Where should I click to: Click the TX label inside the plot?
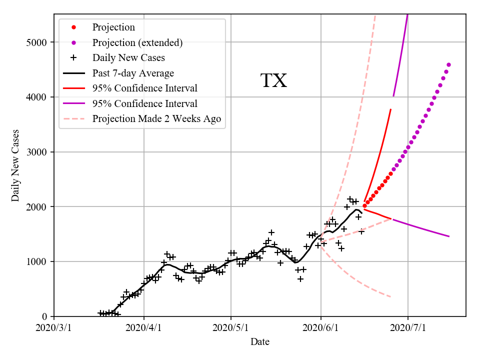coord(273,81)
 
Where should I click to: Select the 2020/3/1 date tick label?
coord(54,328)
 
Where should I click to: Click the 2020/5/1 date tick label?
coord(230,328)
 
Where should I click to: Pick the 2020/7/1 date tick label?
coord(408,328)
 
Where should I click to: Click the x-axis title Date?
coord(260,342)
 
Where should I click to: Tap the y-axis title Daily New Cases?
coord(15,165)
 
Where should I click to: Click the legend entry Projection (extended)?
coord(137,42)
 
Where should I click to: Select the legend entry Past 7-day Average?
coord(133,73)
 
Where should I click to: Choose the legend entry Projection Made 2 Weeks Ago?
coord(156,119)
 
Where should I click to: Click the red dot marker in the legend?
coord(73,27)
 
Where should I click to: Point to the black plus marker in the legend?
coord(73,57)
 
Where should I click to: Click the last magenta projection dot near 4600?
coord(448,64)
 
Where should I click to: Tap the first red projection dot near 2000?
coord(364,205)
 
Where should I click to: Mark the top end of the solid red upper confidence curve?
coord(390,109)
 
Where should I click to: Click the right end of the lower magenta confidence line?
coord(449,236)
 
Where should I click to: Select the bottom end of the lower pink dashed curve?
coord(390,297)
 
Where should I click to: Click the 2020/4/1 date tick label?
coord(144,328)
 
